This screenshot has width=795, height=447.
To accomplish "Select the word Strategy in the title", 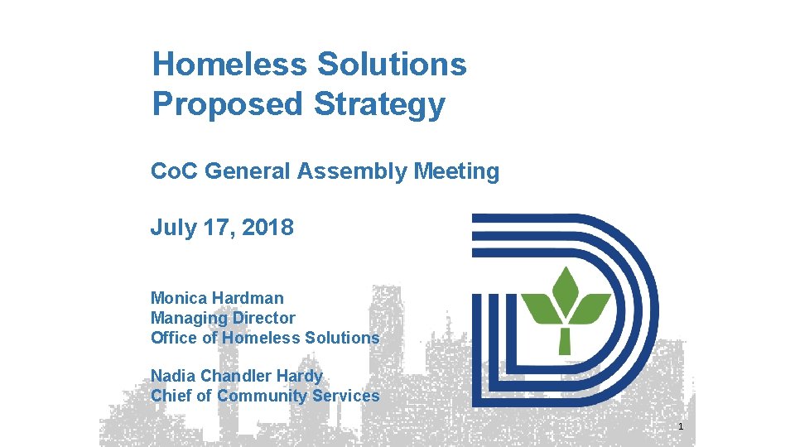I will pyautogui.click(x=379, y=104).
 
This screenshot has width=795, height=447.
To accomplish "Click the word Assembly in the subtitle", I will pyautogui.click(x=365, y=171).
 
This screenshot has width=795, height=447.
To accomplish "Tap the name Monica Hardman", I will pyautogui.click(x=217, y=298).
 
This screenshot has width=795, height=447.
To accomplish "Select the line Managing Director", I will pyautogui.click(x=223, y=318).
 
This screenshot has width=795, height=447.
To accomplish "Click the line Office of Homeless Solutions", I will pyautogui.click(x=265, y=338).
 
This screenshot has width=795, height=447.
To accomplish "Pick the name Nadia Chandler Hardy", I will pyautogui.click(x=237, y=376).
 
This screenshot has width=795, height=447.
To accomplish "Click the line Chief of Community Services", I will pyautogui.click(x=265, y=396).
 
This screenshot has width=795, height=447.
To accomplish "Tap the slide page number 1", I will pyautogui.click(x=680, y=427).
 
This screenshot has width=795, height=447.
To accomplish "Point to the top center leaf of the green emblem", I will pyautogui.click(x=567, y=286).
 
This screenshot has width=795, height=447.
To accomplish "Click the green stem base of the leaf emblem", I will pyautogui.click(x=566, y=340).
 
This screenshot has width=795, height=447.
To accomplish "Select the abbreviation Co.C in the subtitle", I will pyautogui.click(x=174, y=171).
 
